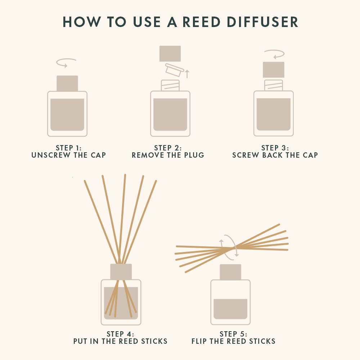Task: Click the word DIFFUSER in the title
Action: pos(262,22)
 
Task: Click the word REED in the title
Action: pos(202,22)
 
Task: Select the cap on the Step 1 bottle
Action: pos(67,84)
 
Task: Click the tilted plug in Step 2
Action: pos(175,70)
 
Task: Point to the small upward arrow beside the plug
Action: pos(187,74)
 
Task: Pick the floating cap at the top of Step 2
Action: pos(170,54)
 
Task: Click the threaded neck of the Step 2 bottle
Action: pos(170,85)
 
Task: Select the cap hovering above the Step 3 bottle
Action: pos(274,70)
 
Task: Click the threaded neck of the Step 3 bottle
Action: pos(274,85)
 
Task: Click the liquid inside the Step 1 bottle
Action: pos(67,114)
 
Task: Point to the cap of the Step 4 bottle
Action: pos(121,272)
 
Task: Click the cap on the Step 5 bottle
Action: pos(230,272)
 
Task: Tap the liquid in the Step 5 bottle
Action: pos(230,309)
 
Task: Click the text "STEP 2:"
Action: pos(168,148)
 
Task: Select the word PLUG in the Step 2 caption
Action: pos(194,155)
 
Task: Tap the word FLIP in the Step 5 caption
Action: pos(199,341)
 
